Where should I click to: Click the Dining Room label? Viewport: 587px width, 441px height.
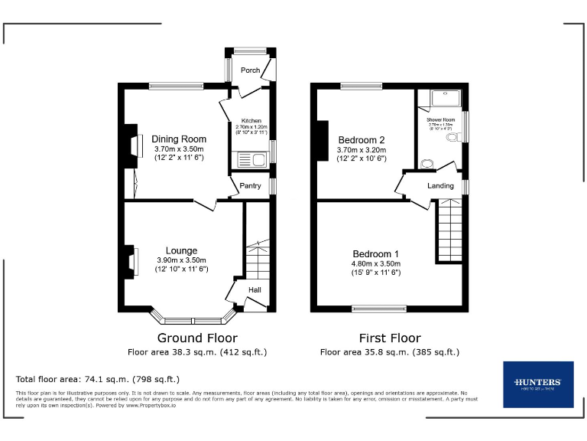179,139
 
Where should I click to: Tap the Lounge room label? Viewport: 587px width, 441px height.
182,250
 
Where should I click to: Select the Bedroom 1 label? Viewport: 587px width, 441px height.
375,254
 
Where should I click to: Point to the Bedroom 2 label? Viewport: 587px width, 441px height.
362,140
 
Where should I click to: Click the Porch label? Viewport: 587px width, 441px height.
250,70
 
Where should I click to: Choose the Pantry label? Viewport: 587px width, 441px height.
251,185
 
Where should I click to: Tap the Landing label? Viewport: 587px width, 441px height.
440,186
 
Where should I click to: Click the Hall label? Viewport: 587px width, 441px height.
255,289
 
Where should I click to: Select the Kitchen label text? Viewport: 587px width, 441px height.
251,121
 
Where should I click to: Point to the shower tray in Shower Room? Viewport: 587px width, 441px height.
441,99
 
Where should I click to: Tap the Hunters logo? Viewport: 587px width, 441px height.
538,384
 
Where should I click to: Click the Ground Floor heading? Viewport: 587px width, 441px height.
197,338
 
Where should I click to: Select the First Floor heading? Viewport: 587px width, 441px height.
390,338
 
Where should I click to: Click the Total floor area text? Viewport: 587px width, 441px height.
98,379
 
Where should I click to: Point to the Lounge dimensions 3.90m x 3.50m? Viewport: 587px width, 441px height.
182,260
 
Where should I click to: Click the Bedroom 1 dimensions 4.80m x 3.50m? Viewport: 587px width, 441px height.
375,264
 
